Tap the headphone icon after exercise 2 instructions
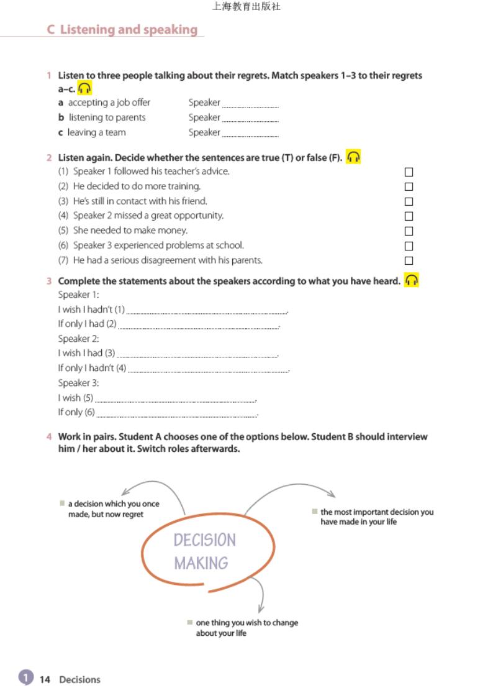[353, 157]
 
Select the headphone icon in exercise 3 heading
[411, 280]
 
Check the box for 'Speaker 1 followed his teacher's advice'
[409, 172]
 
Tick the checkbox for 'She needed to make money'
[409, 231]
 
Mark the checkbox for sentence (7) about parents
[409, 261]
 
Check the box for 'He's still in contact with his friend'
[409, 201]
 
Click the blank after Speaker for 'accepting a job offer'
[250, 104]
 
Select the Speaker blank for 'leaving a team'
[250, 134]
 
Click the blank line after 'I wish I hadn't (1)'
[207, 311]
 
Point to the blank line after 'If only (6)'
[177, 414]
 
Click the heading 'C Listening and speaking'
[122, 29]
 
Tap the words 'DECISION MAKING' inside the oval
[204, 551]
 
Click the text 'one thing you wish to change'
[246, 623]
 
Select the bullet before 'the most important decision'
[315, 512]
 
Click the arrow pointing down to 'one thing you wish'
[260, 597]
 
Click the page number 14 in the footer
[45, 679]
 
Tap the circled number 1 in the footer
[25, 678]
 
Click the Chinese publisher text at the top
[246, 7]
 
